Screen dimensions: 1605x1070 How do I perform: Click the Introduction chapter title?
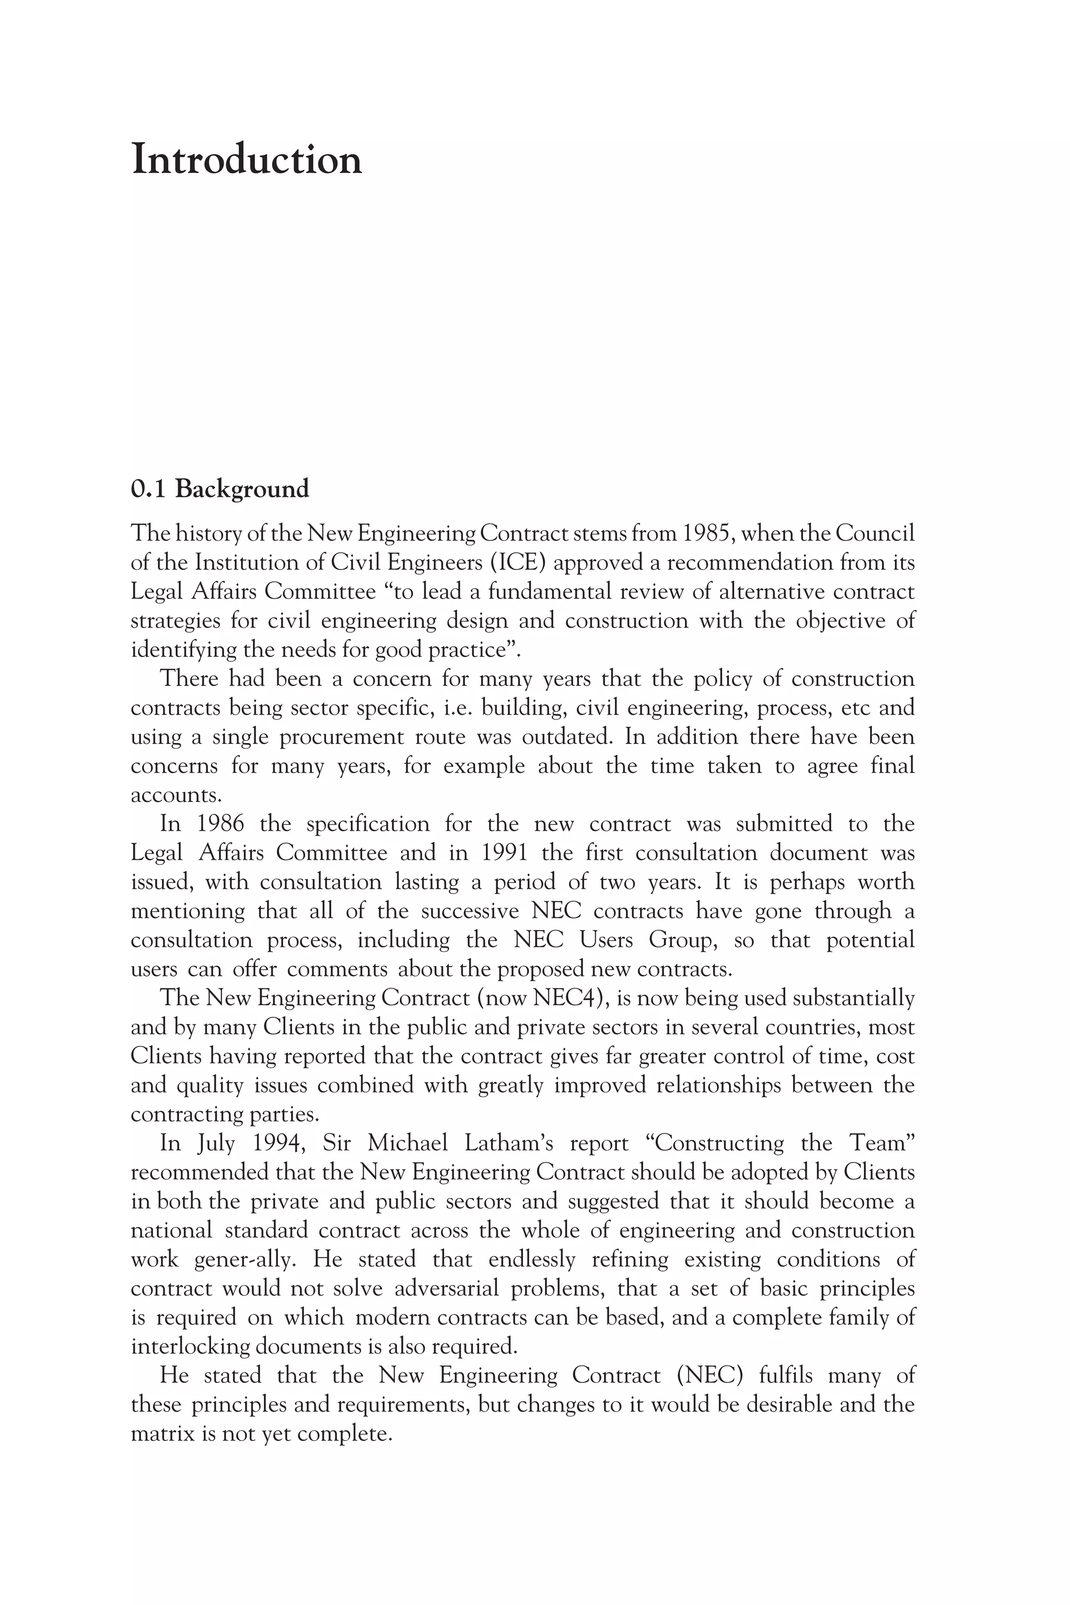pos(247,161)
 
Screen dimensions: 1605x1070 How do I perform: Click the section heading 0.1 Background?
pos(220,489)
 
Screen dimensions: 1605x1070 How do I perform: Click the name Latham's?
pos(508,1144)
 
